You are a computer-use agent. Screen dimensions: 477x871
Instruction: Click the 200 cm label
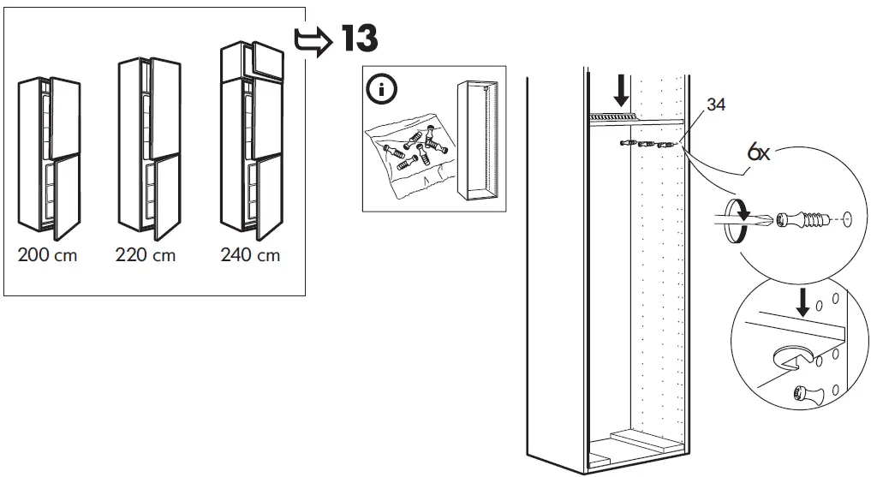click(48, 256)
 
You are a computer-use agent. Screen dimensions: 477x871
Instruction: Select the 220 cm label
click(146, 256)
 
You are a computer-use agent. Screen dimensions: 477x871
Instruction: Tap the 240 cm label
click(250, 256)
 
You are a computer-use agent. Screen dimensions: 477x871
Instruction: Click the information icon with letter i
click(378, 88)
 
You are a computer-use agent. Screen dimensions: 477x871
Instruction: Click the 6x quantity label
click(759, 154)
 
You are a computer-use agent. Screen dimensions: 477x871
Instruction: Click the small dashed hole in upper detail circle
click(846, 220)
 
